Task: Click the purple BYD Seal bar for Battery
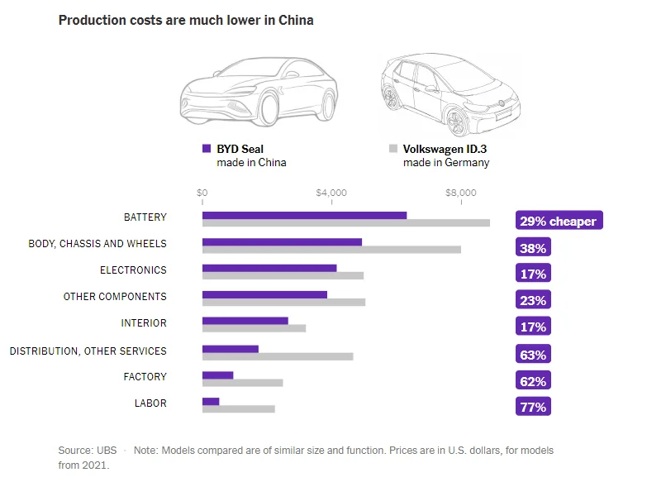coord(304,215)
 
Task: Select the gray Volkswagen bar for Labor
coord(238,408)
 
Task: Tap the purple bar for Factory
coord(217,375)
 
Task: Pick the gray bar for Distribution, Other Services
coord(278,356)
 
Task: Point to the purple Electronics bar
coord(269,268)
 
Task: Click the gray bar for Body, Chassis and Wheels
coord(331,250)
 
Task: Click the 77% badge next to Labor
coord(533,407)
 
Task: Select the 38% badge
coord(533,248)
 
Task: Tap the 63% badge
coord(533,355)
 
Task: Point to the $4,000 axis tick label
coord(331,193)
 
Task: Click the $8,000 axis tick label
coord(461,193)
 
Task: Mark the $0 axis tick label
coord(202,193)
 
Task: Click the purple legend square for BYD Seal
coord(207,149)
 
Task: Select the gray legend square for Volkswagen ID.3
coord(393,149)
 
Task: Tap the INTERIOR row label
coord(144,323)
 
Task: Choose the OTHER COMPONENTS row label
coord(115,297)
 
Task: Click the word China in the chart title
coord(297,19)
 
